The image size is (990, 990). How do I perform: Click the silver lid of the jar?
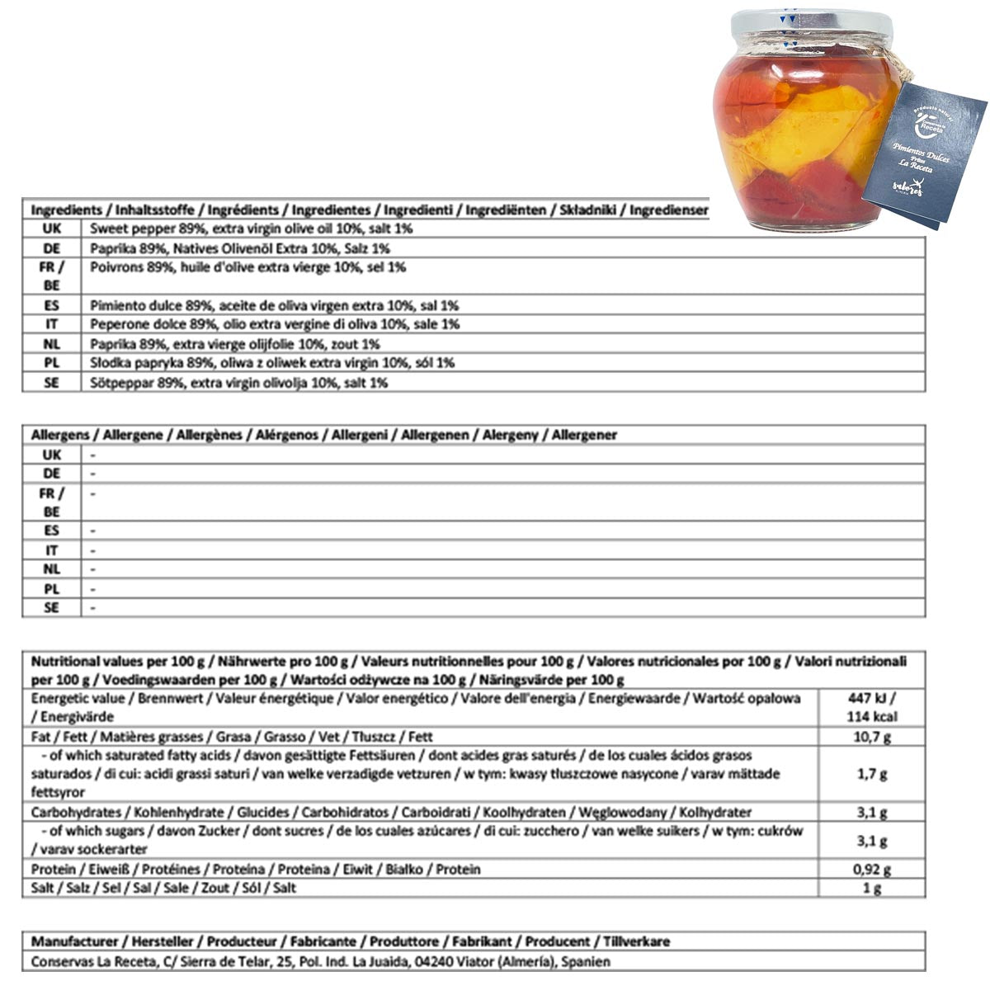(x=804, y=24)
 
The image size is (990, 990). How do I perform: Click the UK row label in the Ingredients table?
(x=51, y=229)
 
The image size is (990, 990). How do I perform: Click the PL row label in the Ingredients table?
(x=51, y=363)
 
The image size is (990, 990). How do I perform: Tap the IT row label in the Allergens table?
(x=51, y=550)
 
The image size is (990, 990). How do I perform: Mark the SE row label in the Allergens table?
(x=51, y=608)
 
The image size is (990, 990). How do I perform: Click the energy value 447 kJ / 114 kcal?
(x=872, y=708)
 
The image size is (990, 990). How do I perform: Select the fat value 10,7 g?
(x=872, y=737)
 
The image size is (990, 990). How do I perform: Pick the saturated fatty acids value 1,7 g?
(x=872, y=775)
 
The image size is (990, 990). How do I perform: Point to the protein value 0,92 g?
(x=872, y=870)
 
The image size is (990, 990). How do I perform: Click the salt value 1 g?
(x=872, y=889)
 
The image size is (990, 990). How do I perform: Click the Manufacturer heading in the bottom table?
(x=350, y=941)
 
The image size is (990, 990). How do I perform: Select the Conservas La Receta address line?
(x=320, y=961)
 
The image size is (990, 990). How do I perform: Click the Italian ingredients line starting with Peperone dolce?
(x=275, y=324)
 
